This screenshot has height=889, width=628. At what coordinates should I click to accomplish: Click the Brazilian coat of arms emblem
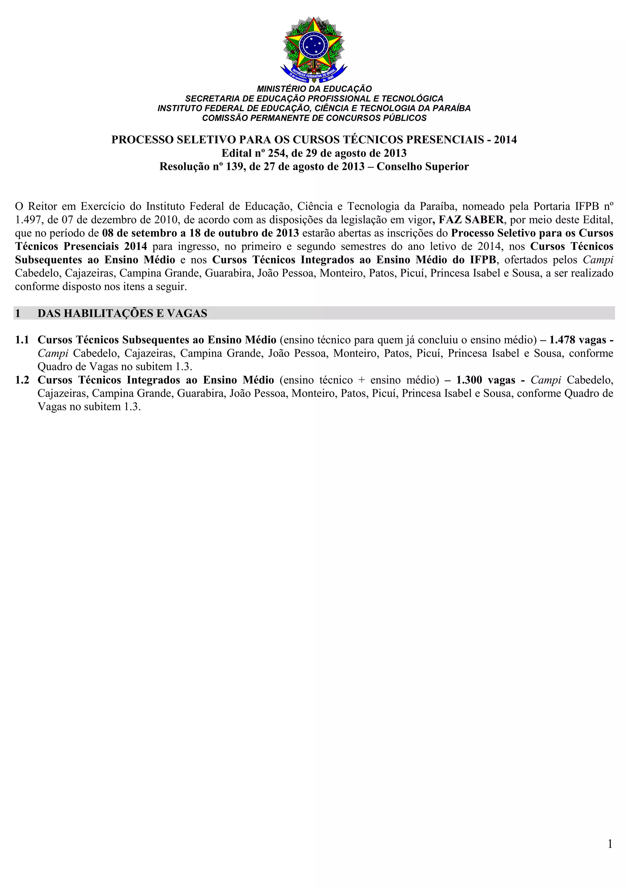(x=314, y=50)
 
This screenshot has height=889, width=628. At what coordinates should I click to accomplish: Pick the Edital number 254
(x=278, y=153)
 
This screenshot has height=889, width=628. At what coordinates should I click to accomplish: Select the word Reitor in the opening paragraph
(x=43, y=206)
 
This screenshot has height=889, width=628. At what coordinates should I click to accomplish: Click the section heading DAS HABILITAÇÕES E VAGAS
(x=122, y=313)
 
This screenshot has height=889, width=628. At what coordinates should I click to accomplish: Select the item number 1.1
(x=22, y=340)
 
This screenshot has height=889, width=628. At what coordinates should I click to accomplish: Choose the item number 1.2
(x=22, y=380)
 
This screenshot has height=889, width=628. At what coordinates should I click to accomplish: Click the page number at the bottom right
(x=610, y=844)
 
